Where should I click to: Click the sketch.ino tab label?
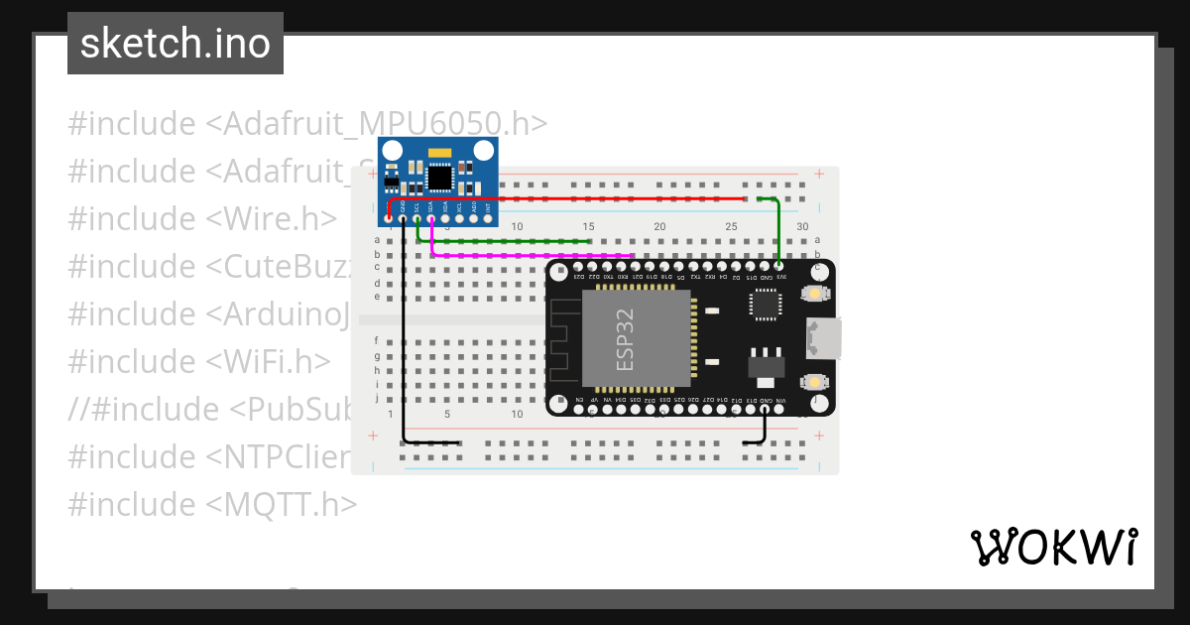tap(176, 44)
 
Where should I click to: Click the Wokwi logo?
tap(1053, 547)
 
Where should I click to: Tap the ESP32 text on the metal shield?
tap(625, 339)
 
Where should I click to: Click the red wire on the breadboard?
tap(595, 198)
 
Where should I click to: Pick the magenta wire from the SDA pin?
tap(535, 255)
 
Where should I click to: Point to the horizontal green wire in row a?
tap(506, 240)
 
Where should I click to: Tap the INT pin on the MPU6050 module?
tap(489, 219)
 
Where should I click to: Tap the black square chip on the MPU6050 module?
tap(438, 178)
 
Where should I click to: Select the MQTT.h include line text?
tap(212, 504)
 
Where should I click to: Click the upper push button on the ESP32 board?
tap(814, 294)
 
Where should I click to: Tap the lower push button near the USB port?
tap(814, 381)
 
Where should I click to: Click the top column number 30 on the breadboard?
tap(803, 227)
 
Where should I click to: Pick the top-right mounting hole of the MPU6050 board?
tap(483, 151)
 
